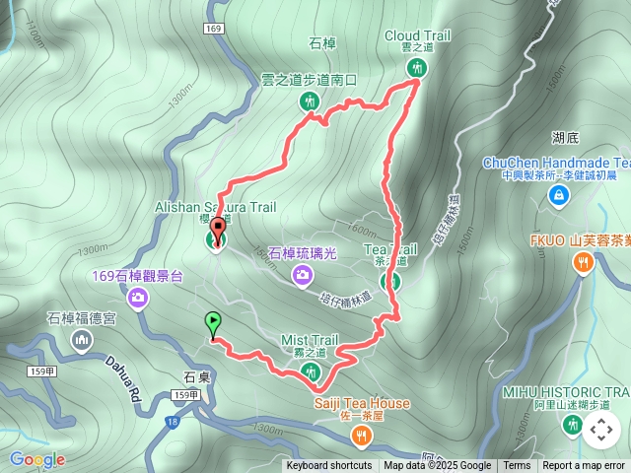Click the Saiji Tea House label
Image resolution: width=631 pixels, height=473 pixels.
(x=362, y=403)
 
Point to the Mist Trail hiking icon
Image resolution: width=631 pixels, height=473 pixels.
(x=311, y=371)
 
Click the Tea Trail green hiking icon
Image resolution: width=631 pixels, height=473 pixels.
(x=391, y=281)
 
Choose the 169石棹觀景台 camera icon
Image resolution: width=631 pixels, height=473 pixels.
(x=138, y=297)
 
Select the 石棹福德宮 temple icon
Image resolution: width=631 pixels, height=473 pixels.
(x=81, y=340)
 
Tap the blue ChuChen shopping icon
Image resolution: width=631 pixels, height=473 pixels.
(x=559, y=196)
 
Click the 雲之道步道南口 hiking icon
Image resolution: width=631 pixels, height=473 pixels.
(x=311, y=101)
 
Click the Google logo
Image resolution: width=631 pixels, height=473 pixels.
(x=37, y=459)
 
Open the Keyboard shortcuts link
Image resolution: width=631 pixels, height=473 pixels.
(x=329, y=466)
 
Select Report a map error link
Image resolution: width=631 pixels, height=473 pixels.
(x=584, y=466)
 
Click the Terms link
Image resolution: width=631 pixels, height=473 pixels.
(x=517, y=466)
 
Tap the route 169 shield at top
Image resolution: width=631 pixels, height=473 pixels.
(x=215, y=31)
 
